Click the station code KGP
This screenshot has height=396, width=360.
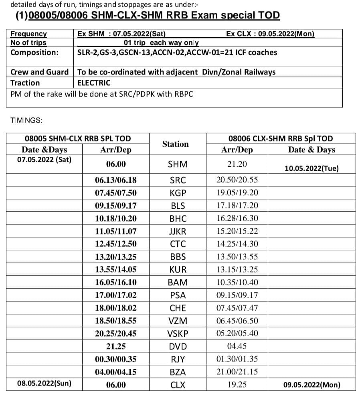click(178, 193)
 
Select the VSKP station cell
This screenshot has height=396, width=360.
click(178, 333)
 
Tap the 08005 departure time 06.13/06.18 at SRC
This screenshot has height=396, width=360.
click(115, 180)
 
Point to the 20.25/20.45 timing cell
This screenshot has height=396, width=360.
click(115, 333)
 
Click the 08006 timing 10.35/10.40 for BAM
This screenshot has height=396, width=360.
click(237, 282)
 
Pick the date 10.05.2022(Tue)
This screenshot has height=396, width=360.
click(311, 168)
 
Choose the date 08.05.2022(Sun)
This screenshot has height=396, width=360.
click(44, 383)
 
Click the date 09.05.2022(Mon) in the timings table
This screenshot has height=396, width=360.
click(311, 385)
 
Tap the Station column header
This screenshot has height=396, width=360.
click(175, 144)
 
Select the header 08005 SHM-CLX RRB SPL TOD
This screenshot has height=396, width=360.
click(78, 139)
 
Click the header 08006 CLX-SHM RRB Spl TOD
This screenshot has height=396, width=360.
click(280, 139)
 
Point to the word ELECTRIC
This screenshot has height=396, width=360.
click(94, 83)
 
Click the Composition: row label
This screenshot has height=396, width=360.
click(34, 53)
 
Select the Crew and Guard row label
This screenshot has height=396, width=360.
click(39, 72)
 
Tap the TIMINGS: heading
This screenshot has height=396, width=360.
click(26, 120)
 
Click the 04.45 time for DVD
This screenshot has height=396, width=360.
click(238, 346)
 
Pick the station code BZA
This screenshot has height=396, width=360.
click(178, 372)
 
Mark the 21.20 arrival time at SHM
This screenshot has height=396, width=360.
click(237, 164)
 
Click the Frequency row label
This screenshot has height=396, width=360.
click(28, 34)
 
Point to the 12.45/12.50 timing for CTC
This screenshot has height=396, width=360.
click(115, 244)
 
